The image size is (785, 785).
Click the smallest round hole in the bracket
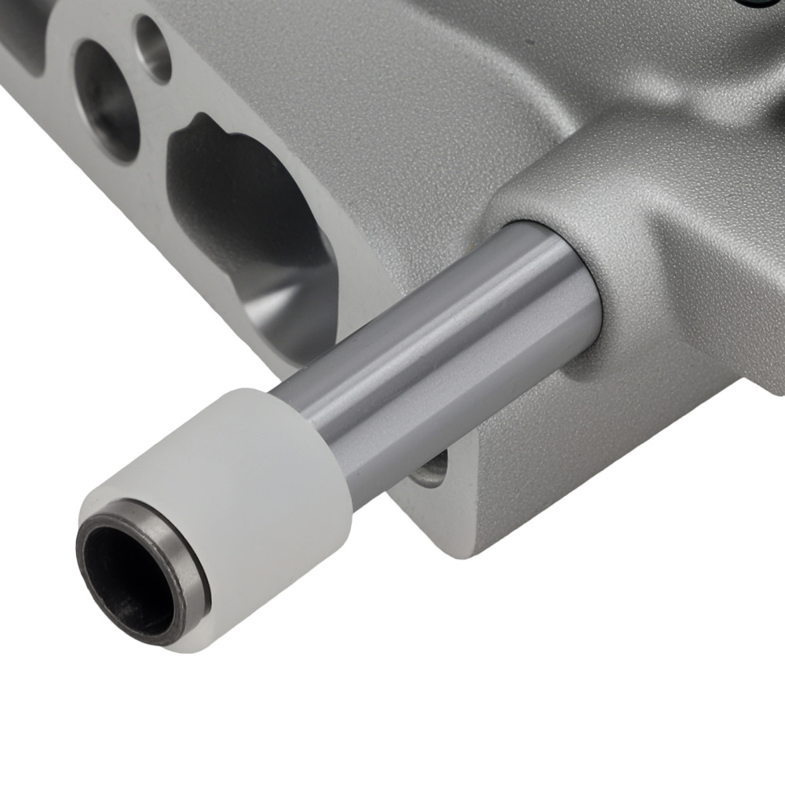(x=153, y=47)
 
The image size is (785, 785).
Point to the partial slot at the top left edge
(x=24, y=31)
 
